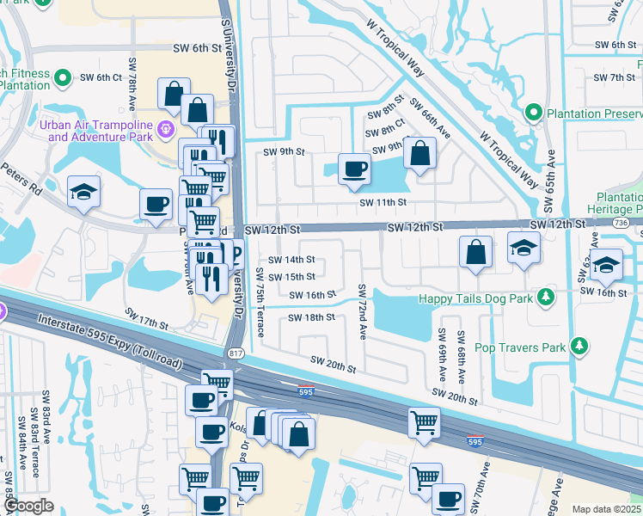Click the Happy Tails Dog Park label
(475, 298)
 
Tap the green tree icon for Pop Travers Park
(580, 346)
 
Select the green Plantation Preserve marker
(534, 113)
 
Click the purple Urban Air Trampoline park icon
(165, 130)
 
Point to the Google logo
(28, 506)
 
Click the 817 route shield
(235, 353)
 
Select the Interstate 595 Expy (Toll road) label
(110, 341)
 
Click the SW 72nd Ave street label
(363, 311)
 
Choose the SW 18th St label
(310, 317)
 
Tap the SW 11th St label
(382, 201)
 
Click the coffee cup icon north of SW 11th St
(353, 169)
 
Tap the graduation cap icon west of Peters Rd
(83, 192)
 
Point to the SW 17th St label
(146, 317)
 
